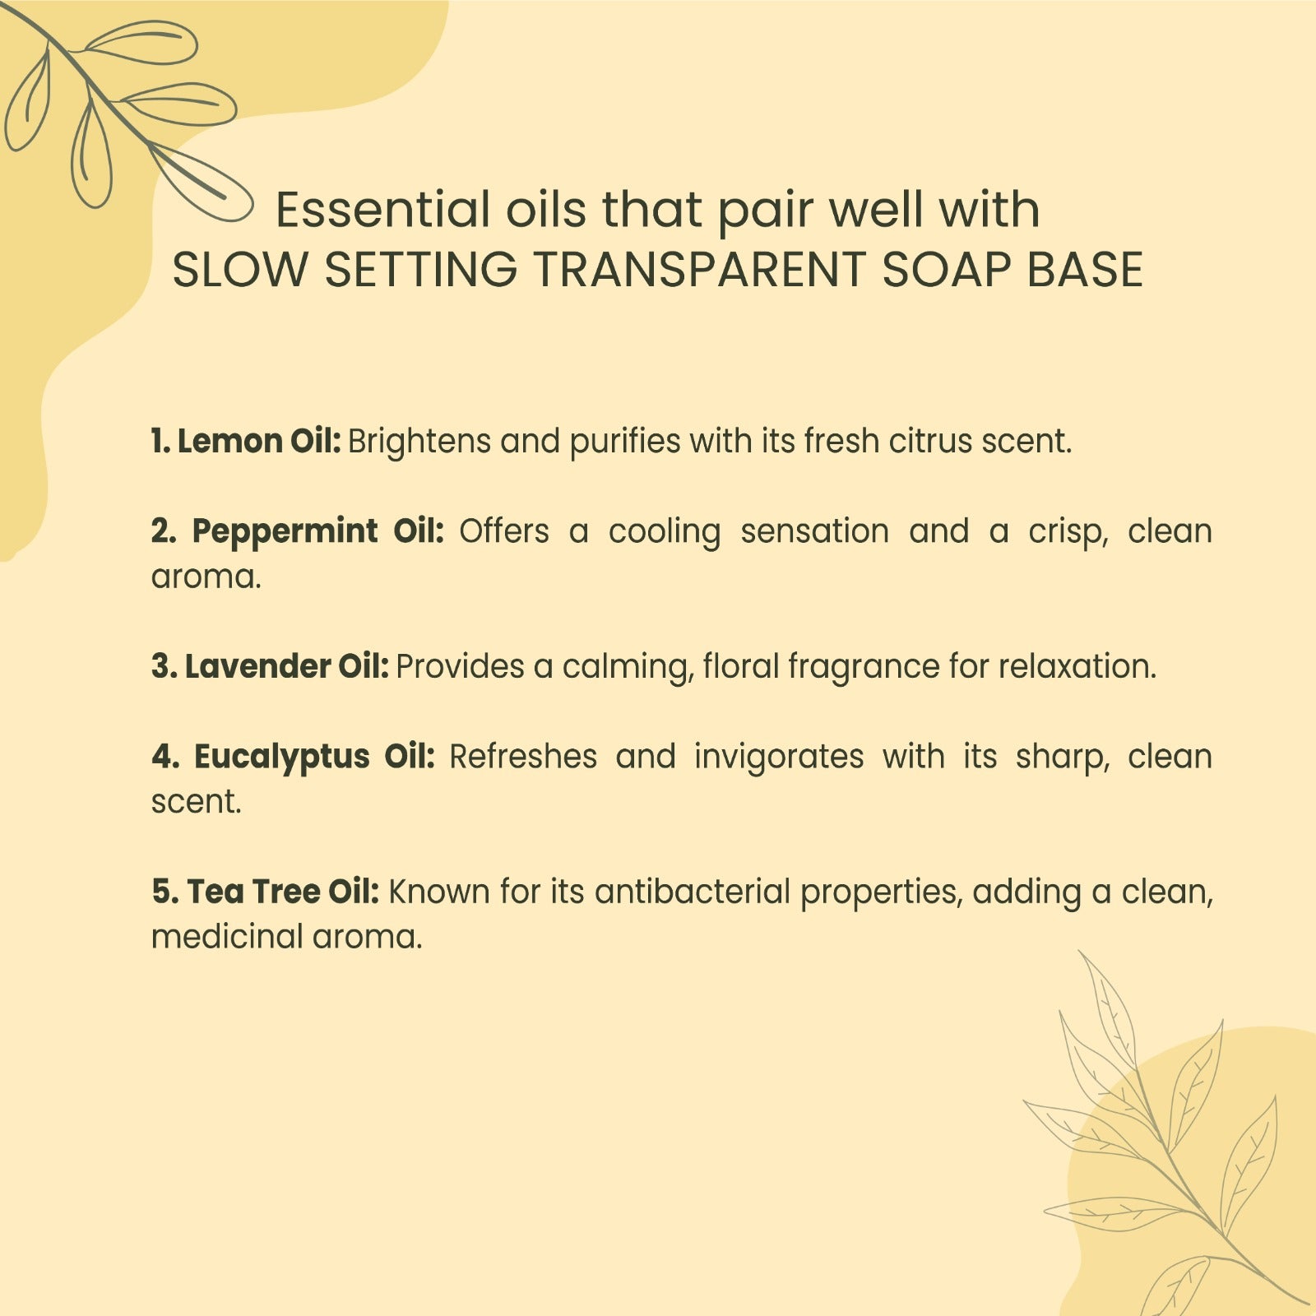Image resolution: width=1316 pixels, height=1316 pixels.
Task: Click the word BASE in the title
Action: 1085,269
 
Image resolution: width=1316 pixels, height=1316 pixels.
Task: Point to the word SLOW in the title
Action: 239,269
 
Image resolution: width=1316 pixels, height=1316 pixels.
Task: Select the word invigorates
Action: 779,758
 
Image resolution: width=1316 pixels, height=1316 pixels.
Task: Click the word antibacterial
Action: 693,892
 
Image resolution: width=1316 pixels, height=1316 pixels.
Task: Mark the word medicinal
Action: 227,937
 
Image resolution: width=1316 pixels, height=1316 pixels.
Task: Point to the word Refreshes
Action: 523,757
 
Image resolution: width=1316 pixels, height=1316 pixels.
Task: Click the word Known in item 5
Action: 439,892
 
